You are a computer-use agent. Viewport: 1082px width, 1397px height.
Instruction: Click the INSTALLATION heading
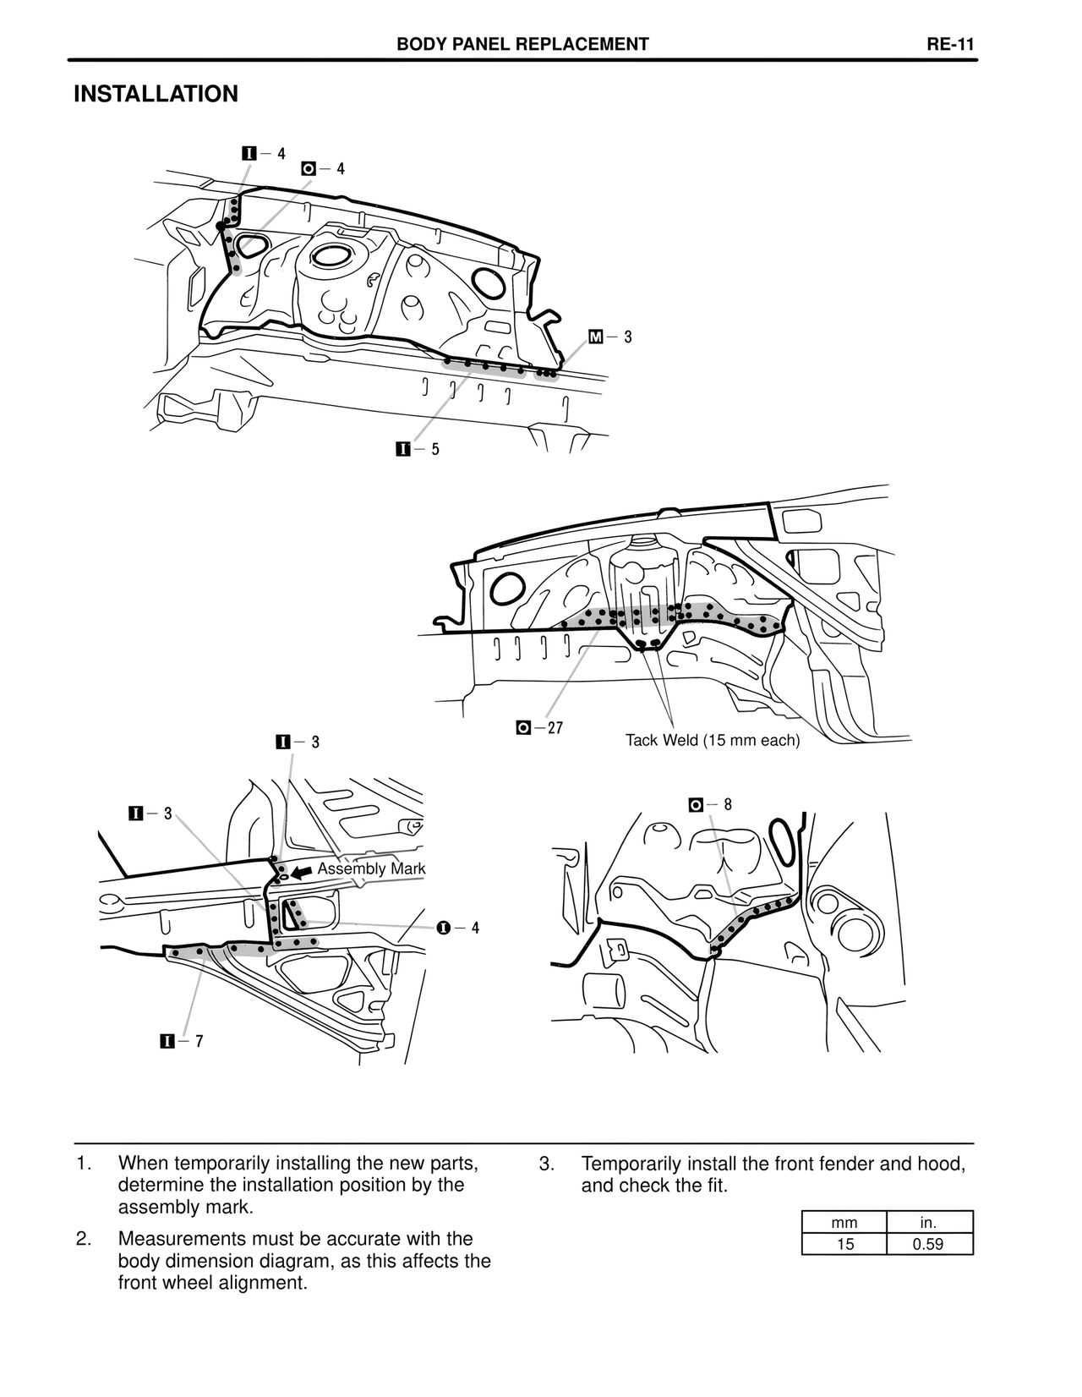(156, 94)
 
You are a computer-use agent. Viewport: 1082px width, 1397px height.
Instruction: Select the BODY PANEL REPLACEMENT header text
(522, 45)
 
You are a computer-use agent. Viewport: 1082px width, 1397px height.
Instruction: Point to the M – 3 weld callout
(610, 337)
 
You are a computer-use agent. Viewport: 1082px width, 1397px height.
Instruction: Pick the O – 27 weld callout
(539, 727)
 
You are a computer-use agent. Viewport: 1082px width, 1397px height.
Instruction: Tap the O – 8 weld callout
(710, 804)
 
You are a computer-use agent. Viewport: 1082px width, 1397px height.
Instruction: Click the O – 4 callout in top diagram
(323, 169)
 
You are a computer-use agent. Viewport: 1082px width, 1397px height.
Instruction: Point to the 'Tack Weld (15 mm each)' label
(712, 741)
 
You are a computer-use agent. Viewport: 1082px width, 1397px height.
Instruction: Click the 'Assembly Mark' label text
(371, 868)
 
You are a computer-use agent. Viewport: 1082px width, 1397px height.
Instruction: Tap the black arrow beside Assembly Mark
(302, 872)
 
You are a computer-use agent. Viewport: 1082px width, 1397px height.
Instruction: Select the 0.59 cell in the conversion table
(929, 1244)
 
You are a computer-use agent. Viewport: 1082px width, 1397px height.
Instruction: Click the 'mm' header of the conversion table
(844, 1222)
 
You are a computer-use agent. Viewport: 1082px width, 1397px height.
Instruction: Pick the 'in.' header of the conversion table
(929, 1222)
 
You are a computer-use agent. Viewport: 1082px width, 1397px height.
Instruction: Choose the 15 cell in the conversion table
(844, 1244)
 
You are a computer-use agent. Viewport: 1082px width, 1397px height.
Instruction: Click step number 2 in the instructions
(83, 1239)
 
